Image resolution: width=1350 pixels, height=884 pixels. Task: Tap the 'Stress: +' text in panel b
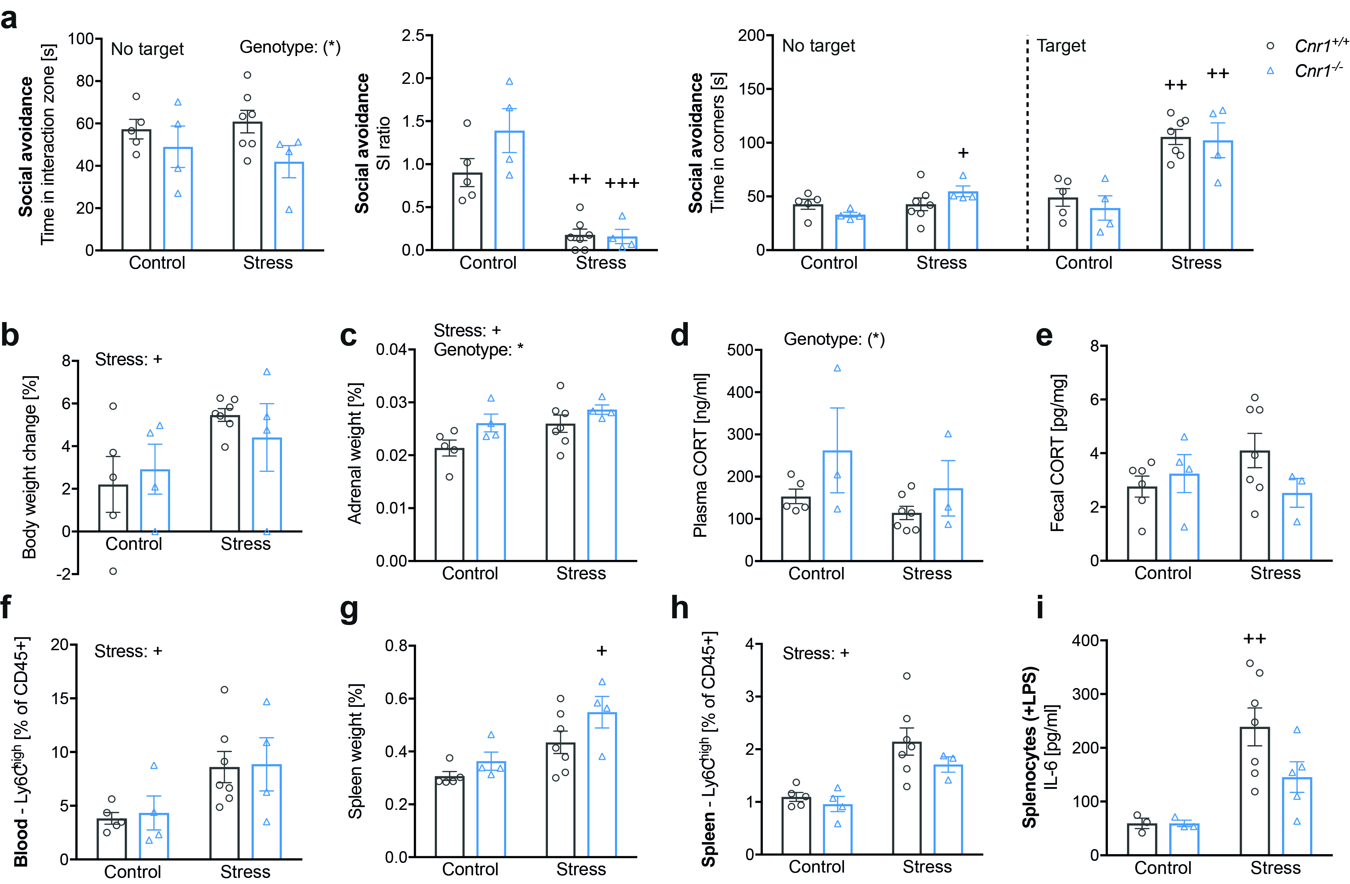(x=129, y=359)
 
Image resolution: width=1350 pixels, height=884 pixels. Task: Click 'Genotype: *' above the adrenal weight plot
(x=478, y=350)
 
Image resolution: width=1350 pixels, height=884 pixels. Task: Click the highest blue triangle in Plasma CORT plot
(x=837, y=368)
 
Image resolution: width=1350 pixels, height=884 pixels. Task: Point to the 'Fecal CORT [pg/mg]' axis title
(x=1057, y=453)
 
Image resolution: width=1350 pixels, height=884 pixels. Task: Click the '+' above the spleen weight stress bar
(x=602, y=651)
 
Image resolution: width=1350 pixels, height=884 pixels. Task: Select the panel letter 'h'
(x=680, y=608)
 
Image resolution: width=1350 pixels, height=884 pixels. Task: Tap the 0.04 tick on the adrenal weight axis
(x=391, y=350)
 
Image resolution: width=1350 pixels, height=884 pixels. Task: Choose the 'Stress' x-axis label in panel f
(x=245, y=871)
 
